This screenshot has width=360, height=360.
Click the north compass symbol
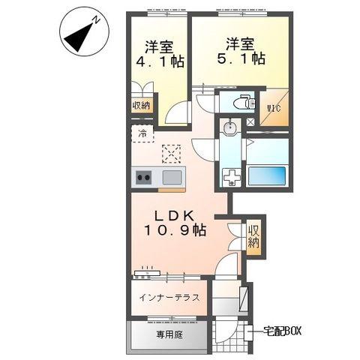84,34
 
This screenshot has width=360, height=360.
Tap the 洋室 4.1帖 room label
160,54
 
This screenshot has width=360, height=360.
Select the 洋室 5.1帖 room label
241,51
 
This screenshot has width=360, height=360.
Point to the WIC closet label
274,109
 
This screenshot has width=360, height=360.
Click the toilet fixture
244,102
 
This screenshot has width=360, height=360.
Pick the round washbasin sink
230,127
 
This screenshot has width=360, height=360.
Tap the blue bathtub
267,175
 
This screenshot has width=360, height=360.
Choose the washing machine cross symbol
232,177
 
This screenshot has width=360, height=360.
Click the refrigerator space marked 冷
142,133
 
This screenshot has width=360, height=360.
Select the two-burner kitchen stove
144,177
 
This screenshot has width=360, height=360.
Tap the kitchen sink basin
172,177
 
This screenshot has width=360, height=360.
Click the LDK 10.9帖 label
175,223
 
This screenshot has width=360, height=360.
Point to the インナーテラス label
169,298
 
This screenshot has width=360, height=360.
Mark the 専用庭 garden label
169,334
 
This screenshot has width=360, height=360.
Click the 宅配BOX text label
282,331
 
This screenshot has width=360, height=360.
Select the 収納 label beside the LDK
253,236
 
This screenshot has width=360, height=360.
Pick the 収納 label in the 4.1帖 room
141,106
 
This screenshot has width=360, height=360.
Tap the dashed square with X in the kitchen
171,154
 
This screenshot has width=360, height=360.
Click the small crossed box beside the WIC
250,121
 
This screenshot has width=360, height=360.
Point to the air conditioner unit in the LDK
147,273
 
